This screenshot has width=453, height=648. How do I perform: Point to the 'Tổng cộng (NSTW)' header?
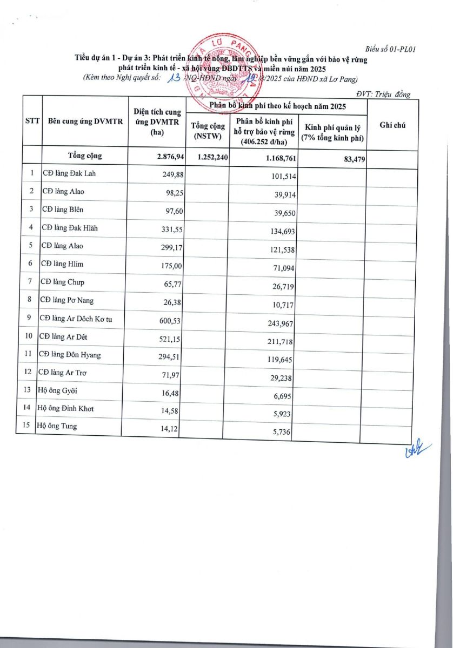coord(204,131)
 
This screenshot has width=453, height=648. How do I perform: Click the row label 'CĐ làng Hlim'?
coord(63,264)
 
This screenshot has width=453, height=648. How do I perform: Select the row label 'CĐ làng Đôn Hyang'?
coord(70,355)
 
